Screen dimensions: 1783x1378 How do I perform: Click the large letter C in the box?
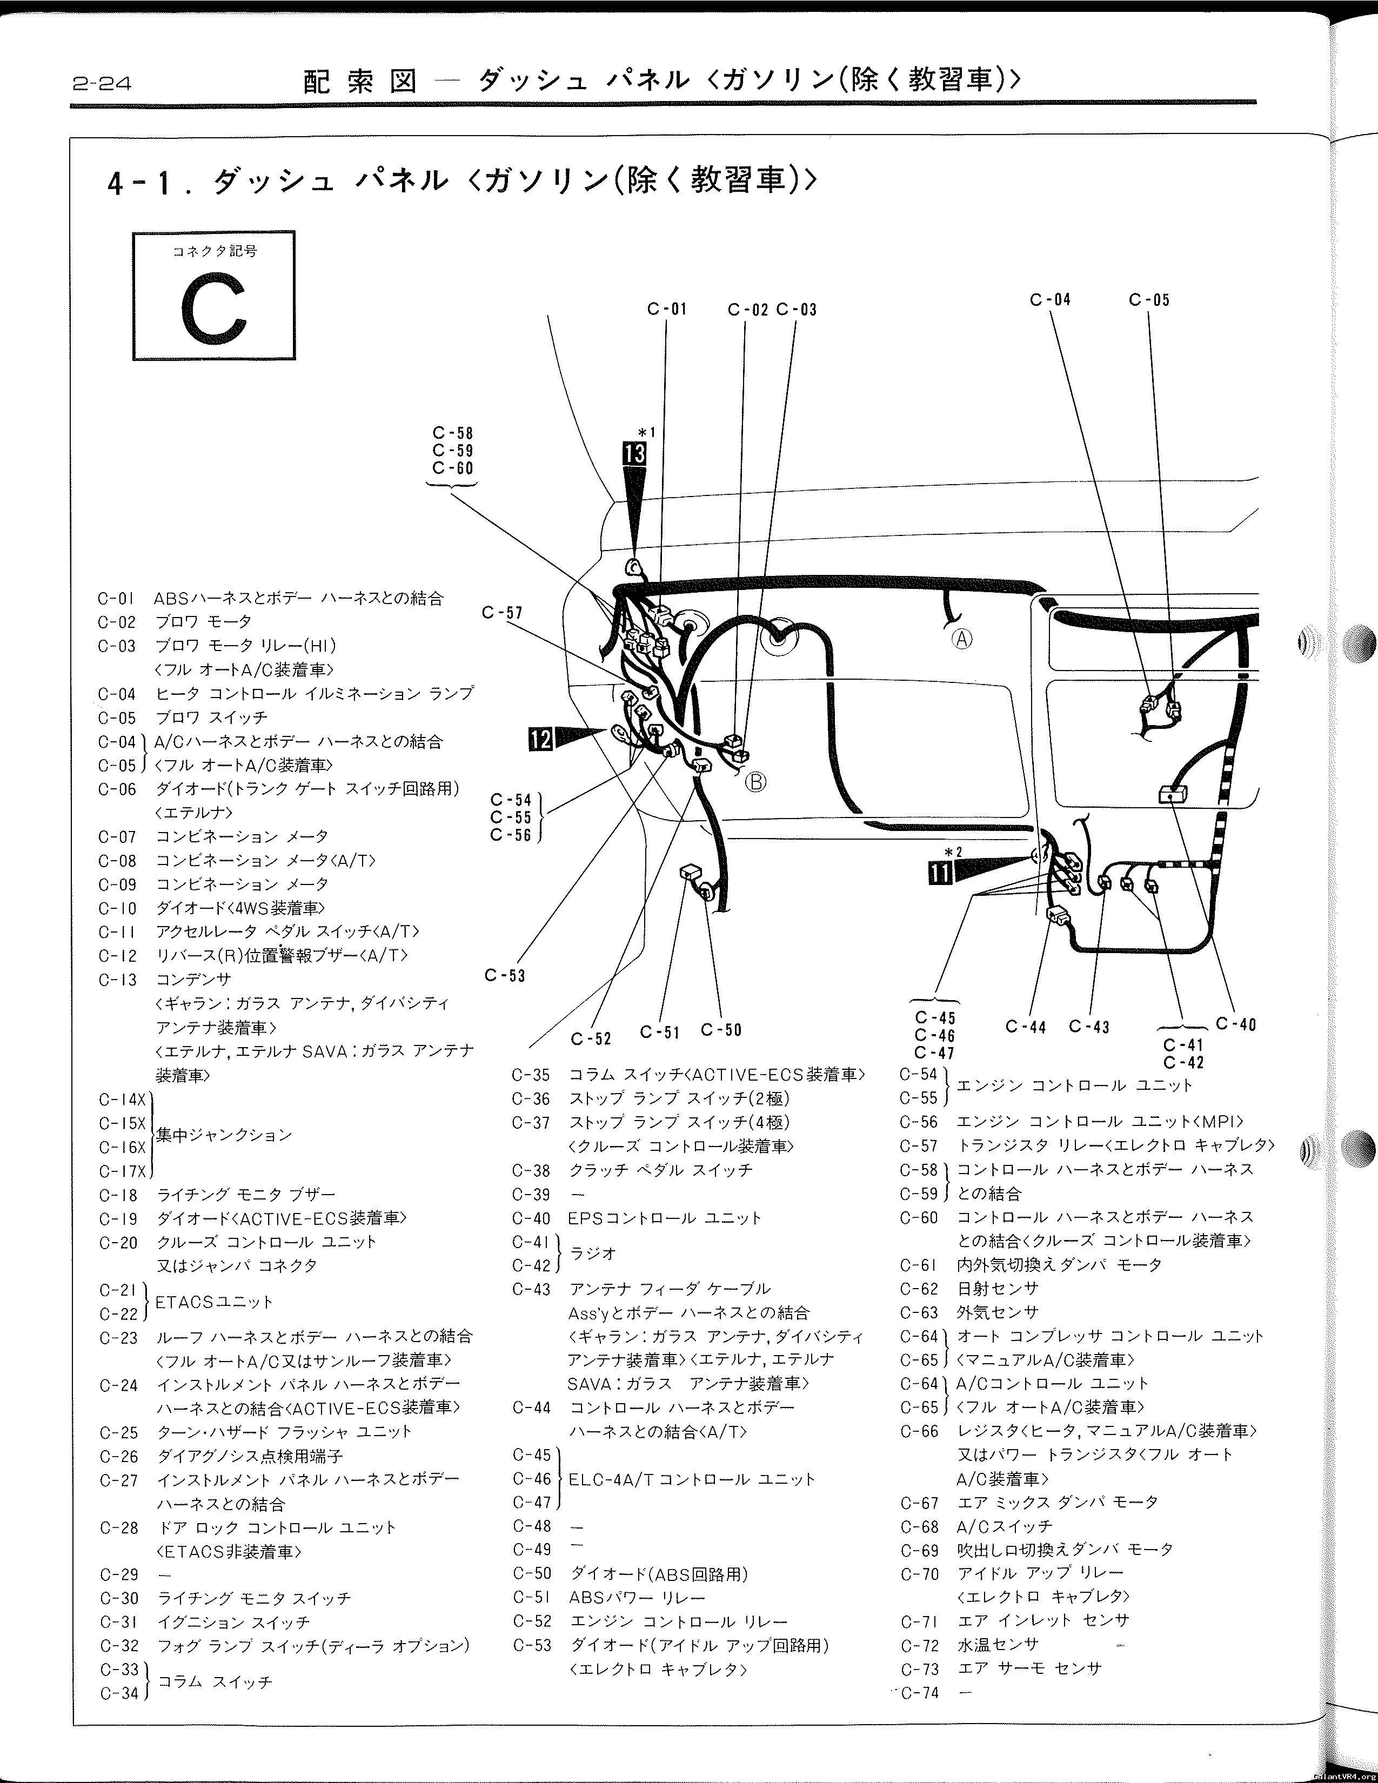214,308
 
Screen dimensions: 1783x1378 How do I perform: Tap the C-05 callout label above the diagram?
1149,300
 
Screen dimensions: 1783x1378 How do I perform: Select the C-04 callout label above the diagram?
1050,300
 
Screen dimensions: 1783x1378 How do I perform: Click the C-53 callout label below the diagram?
505,975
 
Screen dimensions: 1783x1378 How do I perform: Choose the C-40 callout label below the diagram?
1236,1024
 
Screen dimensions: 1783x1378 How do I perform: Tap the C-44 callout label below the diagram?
1026,1027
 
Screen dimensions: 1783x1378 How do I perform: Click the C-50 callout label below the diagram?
721,1030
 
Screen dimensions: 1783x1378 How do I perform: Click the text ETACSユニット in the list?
214,1302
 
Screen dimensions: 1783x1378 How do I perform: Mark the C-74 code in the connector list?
921,1693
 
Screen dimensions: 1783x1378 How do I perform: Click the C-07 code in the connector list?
118,837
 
